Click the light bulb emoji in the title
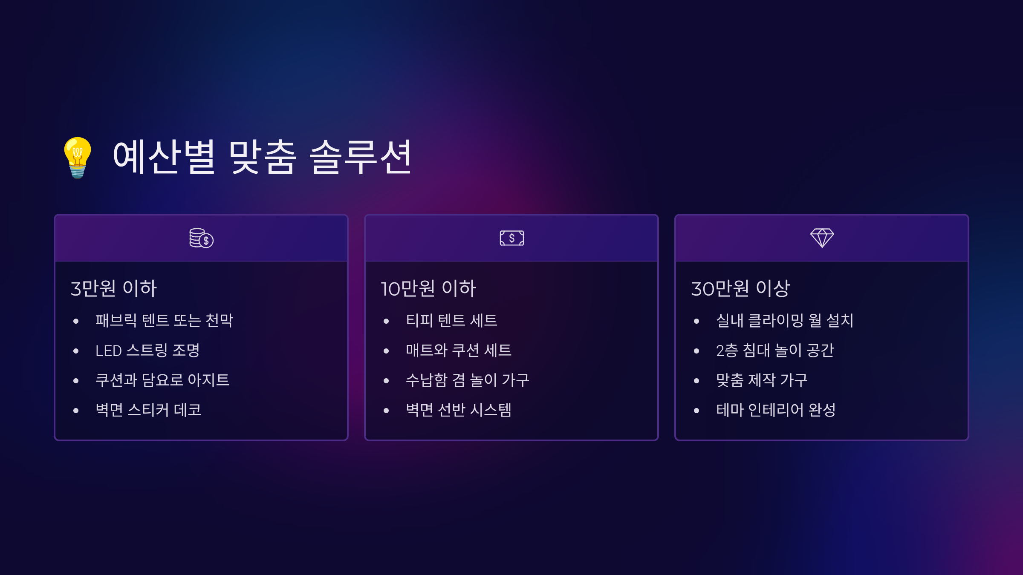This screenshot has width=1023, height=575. [78, 158]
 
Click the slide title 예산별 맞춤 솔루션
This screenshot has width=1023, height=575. [262, 157]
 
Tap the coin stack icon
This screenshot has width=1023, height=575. [201, 238]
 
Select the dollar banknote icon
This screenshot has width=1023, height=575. [511, 238]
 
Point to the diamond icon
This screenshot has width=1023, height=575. [822, 238]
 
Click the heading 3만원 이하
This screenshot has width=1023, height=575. [114, 288]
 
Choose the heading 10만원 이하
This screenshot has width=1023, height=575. [428, 288]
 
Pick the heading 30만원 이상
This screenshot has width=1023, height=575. [740, 288]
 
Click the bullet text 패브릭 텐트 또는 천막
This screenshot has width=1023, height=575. [165, 320]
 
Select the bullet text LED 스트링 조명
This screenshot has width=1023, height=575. [147, 351]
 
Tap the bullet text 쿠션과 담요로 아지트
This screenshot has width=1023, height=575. [162, 380]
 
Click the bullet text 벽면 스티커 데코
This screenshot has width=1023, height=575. [148, 410]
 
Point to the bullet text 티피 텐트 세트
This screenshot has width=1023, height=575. [451, 320]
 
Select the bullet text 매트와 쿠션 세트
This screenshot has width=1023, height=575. [459, 351]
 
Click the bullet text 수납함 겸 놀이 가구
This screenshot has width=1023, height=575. [468, 380]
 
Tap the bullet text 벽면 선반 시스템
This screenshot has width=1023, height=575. [459, 410]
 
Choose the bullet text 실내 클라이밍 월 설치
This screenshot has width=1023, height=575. [785, 320]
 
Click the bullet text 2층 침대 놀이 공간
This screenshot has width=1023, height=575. [775, 351]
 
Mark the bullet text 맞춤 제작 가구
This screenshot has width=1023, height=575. [762, 380]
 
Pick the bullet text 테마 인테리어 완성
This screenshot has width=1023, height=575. [776, 410]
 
